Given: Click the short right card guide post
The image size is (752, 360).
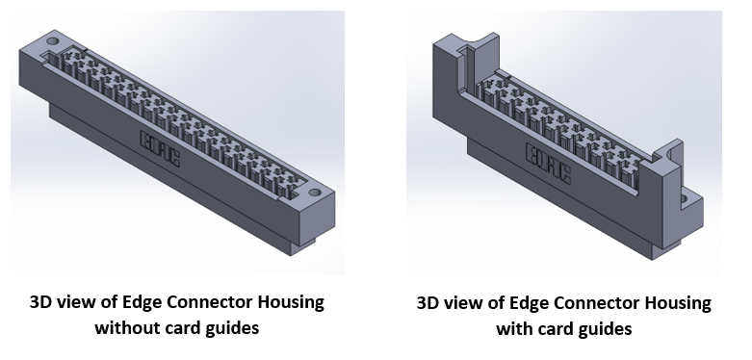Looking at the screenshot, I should click(x=670, y=164).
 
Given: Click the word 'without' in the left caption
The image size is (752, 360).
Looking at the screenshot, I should click(x=125, y=327).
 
